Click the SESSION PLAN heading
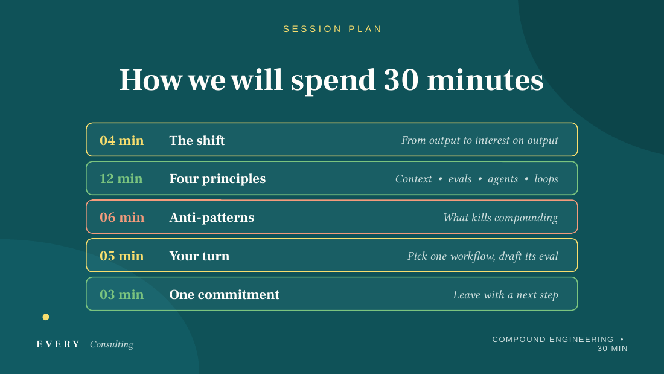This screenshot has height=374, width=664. point(333,29)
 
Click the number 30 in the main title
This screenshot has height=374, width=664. point(401,80)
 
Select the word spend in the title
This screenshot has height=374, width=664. point(333,82)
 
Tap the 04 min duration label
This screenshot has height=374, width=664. point(121,140)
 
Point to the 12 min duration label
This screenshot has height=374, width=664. point(121,178)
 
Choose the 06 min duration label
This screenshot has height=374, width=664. point(122,217)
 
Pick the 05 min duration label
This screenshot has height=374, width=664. point(121,256)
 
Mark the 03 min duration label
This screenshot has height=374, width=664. point(121,294)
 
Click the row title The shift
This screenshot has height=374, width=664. point(197,140)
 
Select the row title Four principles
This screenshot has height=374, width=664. point(217,179)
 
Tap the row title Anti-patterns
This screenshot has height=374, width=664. point(212,218)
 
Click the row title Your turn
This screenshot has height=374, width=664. point(199,256)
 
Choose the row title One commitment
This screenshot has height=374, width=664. point(225,295)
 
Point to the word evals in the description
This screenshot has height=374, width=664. point(460,179)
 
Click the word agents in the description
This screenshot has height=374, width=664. point(503,179)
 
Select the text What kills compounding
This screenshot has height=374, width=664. point(500,218)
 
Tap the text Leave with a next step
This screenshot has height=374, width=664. point(506,295)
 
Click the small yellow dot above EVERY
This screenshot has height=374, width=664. point(46,317)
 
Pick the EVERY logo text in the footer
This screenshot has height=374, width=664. point(59,344)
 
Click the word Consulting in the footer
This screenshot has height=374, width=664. point(112,344)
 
